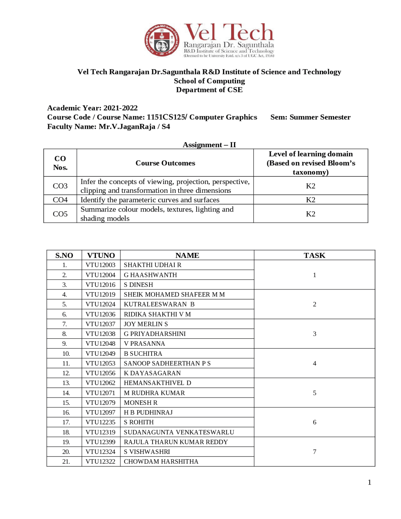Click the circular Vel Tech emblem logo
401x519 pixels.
pos(162,40)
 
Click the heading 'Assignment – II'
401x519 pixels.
pos(209,145)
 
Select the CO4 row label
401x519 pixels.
pos(60,200)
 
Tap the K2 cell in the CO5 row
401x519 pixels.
pos(310,214)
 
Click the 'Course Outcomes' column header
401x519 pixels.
pos(165,163)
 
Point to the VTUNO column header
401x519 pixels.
pos(101,255)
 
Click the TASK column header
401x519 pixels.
pos(314,255)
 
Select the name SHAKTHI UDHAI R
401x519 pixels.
pos(153,265)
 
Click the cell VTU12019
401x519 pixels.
pos(101,295)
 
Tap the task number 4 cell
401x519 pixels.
pos(314,364)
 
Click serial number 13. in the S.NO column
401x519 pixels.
pos(66,383)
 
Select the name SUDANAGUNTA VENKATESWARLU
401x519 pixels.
pos(179,432)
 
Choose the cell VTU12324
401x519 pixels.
pos(101,452)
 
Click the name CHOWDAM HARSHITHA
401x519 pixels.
pos(161,462)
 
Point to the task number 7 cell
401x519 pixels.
pos(314,452)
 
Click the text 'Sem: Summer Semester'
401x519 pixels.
pos(310,117)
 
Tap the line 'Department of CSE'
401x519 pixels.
pos(209,90)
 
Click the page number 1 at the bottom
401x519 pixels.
pos(369,482)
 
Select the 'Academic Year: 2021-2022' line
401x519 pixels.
pos(92,108)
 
